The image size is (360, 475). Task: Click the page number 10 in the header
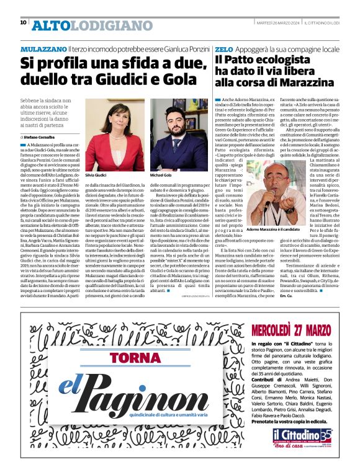coord(24,22)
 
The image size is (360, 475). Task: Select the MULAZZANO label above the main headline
coord(43,48)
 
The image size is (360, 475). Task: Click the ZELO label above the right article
coord(222,48)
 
